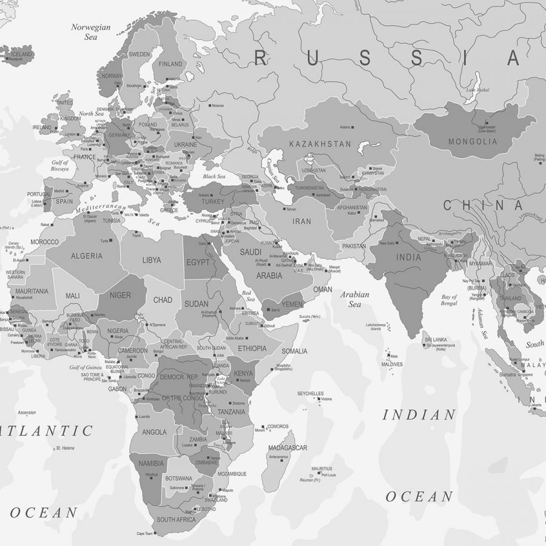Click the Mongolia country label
[x=473, y=142]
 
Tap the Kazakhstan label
[x=320, y=144]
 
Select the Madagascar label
[x=288, y=448]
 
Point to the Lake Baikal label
[x=477, y=90]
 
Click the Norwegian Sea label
[x=91, y=32]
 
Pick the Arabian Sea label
[x=355, y=299]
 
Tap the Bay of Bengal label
[x=449, y=300]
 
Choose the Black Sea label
[x=214, y=177]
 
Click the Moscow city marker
[x=210, y=106]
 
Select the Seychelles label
[x=310, y=394]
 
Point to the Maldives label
[x=392, y=365]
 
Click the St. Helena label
[x=65, y=448]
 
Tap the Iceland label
[x=22, y=54]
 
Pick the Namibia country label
[x=151, y=463]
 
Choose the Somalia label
[x=294, y=351]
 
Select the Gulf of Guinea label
[x=86, y=368]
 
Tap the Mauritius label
[x=322, y=469]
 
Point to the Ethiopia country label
[x=252, y=348]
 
